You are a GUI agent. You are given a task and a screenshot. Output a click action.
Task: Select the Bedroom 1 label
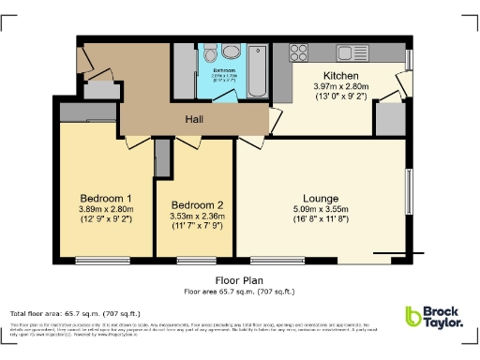click(x=105, y=198)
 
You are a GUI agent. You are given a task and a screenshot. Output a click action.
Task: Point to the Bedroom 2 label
click(x=197, y=205)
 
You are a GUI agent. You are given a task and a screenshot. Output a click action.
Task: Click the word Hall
click(x=194, y=119)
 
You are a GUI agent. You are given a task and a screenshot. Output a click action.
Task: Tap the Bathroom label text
click(x=224, y=70)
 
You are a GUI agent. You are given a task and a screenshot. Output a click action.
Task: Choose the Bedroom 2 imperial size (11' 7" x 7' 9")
click(x=197, y=226)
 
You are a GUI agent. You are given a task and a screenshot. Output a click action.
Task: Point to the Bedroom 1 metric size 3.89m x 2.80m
click(x=105, y=209)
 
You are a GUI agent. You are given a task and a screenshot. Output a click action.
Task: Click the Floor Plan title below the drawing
click(x=239, y=279)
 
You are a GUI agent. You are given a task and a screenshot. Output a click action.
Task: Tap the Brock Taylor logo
click(x=433, y=319)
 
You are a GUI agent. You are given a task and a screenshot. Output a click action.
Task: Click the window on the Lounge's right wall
click(x=408, y=192)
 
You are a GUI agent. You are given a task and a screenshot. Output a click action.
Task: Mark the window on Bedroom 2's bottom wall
click(x=196, y=258)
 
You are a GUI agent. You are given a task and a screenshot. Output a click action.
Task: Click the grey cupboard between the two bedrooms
click(x=162, y=157)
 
